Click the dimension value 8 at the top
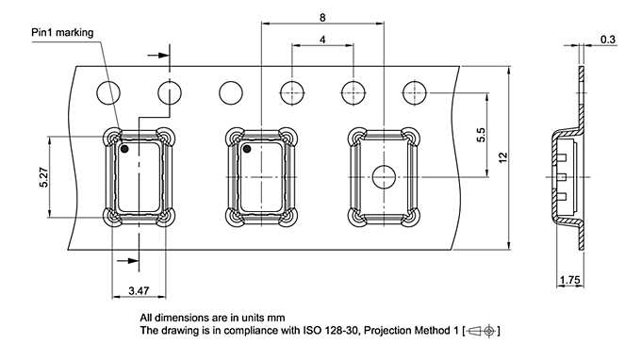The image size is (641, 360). pos(322,18)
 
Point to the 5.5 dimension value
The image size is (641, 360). pos(481,133)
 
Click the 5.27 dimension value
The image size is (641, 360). pos(43,177)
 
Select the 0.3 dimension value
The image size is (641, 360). pos(608,40)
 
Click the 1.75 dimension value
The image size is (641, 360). pos(569,280)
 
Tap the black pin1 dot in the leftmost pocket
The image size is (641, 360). pos(124,149)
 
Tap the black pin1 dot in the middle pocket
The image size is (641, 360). pos(247,149)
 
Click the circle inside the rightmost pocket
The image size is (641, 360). pos(384,176)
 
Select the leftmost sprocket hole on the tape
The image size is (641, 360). pos(109,92)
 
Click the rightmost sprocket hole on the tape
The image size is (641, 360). pos(414,92)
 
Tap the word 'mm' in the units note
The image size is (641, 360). pos(275,318)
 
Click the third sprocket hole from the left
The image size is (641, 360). pos(231,92)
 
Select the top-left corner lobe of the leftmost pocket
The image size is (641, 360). pos(112,137)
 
